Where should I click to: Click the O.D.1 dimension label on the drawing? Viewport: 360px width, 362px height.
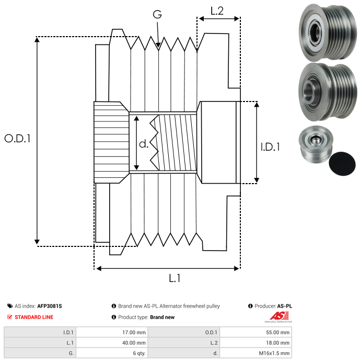coord(17,139)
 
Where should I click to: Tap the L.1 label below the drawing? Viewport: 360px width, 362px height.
coord(174,278)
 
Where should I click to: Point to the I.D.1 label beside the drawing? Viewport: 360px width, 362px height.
coord(270,148)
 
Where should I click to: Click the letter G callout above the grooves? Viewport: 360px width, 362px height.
coord(157,15)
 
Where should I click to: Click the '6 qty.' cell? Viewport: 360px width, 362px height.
coord(138,353)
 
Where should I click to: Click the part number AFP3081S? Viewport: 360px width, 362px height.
coord(53,306)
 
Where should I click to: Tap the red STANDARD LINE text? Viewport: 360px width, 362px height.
coord(34,317)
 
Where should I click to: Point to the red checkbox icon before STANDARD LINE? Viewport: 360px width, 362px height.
coord(10,317)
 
